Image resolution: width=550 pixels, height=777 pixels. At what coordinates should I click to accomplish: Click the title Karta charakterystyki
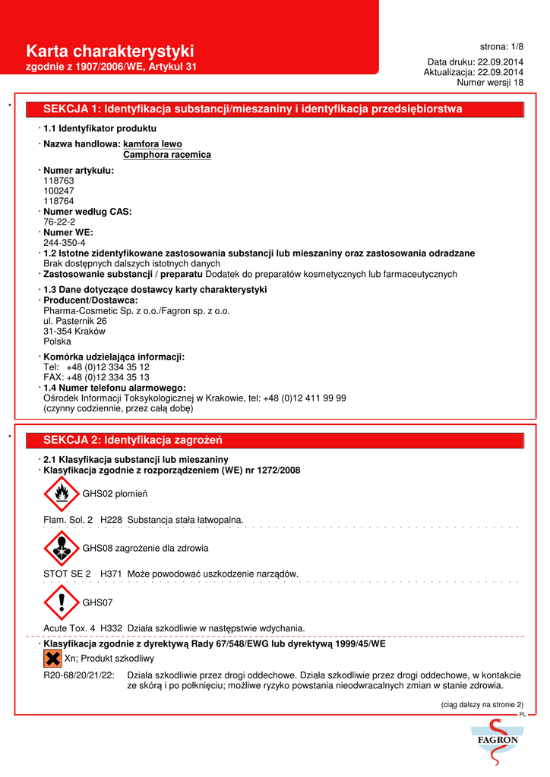[x=110, y=51]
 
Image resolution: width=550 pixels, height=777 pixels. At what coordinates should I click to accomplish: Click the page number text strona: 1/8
[x=501, y=46]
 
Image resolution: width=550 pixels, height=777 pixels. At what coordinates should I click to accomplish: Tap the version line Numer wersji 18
[x=490, y=83]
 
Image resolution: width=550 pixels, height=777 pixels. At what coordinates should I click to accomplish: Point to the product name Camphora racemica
[x=166, y=155]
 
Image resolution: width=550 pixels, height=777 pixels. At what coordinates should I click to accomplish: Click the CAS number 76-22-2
[x=59, y=222]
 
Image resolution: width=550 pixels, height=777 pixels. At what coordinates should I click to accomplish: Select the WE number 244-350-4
[x=65, y=243]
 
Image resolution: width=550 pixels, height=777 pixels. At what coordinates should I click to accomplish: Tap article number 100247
[x=58, y=191]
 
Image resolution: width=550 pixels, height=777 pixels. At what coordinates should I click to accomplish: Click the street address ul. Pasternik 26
[x=75, y=321]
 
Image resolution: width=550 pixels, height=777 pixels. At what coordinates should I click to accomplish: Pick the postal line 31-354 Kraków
[x=74, y=332]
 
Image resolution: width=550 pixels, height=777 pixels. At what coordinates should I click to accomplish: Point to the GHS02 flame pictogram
[x=62, y=494]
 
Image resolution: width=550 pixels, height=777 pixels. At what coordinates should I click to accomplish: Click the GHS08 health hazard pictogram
[x=62, y=548]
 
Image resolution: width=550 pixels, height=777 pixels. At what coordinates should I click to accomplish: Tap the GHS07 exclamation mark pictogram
[x=62, y=602]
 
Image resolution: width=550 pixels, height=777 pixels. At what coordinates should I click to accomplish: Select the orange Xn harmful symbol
[x=53, y=658]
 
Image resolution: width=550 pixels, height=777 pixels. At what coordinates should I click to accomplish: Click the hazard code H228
[x=112, y=520]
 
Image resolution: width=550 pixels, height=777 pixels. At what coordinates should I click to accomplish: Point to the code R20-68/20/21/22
[x=79, y=675]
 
